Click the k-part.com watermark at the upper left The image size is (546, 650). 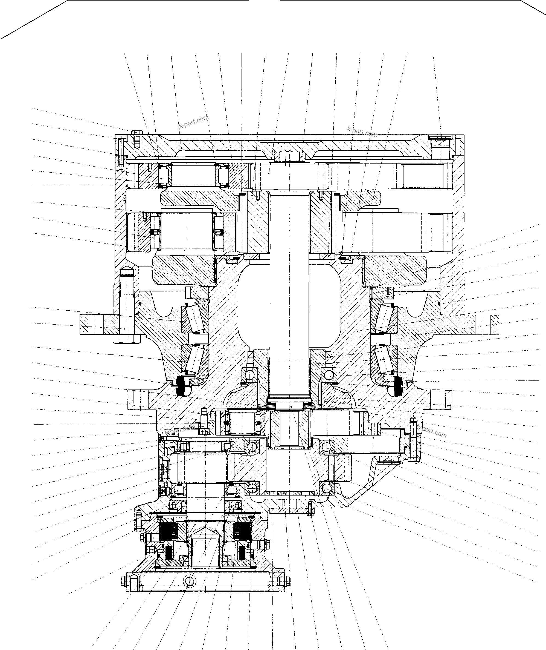point(194,122)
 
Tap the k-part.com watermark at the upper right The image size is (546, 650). point(362,132)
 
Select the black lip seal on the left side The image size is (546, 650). point(182,386)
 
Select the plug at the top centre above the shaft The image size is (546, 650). point(289,156)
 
